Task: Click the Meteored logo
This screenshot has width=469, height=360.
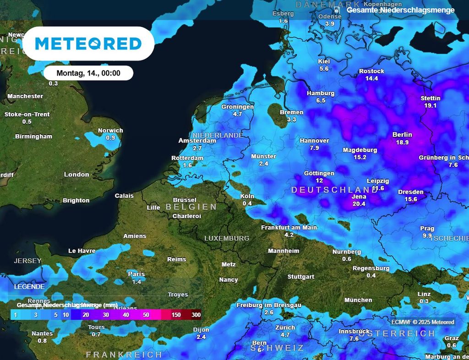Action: point(88,44)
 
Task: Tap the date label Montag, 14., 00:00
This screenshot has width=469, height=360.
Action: point(88,73)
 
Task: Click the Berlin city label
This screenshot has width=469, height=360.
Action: point(402,135)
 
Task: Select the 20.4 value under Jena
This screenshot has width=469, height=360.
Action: point(359,204)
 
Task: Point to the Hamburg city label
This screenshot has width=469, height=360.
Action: point(321,93)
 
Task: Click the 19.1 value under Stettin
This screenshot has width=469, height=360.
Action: point(431,105)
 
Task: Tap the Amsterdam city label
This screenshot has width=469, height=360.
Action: point(197,141)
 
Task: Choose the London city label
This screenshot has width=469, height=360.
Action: point(76,174)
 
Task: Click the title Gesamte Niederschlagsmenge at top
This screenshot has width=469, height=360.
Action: point(401,10)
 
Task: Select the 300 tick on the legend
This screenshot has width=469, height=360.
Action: point(196,315)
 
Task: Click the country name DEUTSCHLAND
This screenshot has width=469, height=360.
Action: point(335,190)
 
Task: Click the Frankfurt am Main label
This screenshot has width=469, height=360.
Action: point(289,227)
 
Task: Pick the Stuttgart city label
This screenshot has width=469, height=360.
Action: point(301,277)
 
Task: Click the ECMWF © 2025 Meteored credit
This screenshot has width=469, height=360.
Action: point(423,322)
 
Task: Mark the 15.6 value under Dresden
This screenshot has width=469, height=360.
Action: point(411,199)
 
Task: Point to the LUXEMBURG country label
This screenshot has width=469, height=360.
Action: point(227,238)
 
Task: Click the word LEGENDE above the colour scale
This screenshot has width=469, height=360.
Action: point(29,286)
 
